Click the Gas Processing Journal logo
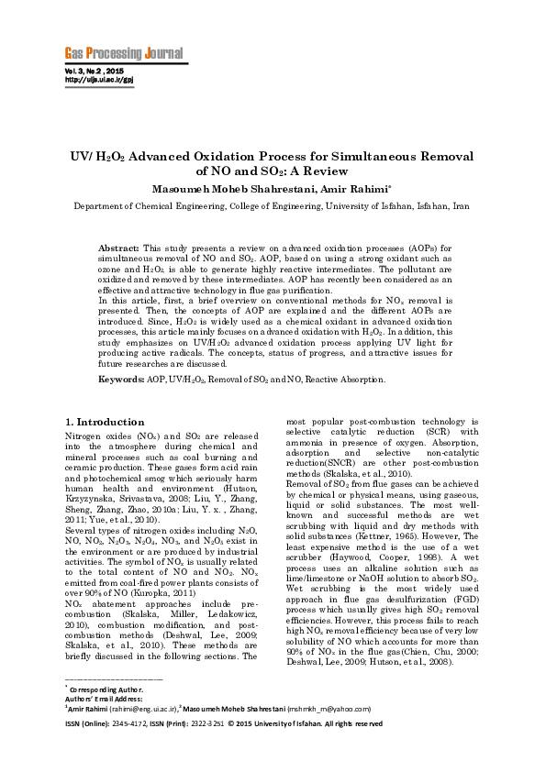click(123, 52)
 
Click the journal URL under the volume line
click(96, 80)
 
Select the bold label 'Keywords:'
click(120, 379)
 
